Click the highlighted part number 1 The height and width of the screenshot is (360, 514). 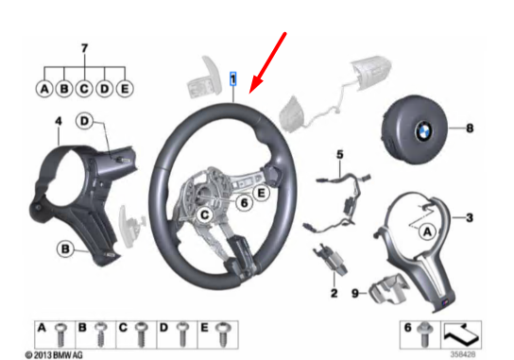231,79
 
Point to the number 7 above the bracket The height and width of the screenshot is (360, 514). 83,47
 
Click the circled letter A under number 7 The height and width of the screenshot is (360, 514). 43,90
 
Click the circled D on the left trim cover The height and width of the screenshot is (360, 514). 84,121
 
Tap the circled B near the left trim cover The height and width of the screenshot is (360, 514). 65,249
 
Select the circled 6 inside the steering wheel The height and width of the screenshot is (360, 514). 242,201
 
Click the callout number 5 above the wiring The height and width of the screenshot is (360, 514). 343,154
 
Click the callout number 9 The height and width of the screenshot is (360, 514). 354,293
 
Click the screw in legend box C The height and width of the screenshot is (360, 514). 142,332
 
